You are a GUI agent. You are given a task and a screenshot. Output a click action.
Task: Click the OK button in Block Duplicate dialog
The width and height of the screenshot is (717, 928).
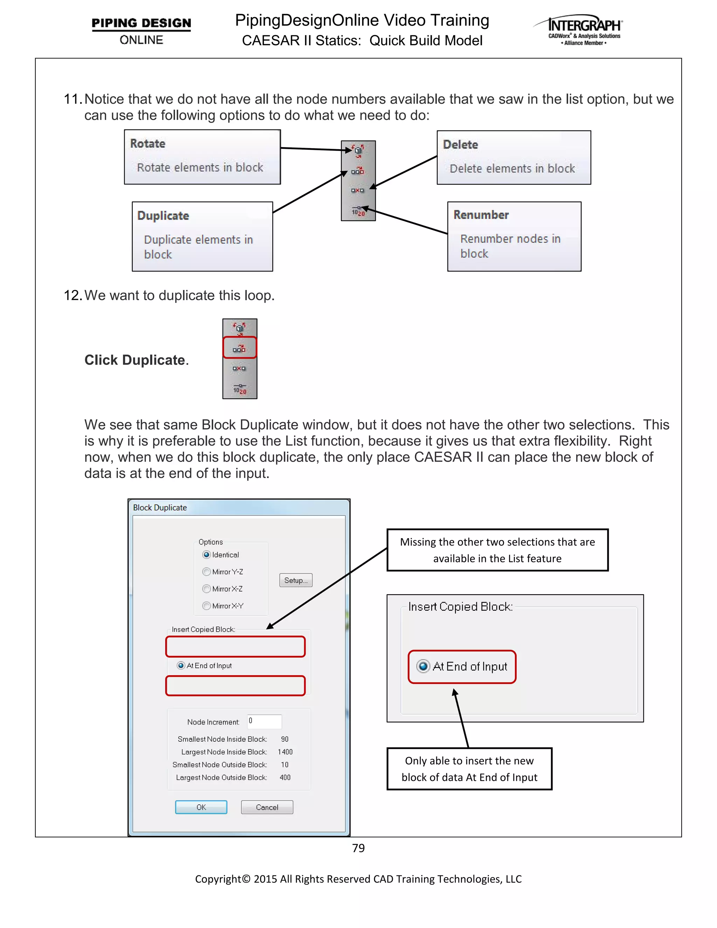point(201,807)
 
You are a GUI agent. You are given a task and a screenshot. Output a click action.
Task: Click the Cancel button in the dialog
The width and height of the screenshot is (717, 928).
point(267,807)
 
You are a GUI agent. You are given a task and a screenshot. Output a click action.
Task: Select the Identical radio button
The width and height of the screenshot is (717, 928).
point(207,554)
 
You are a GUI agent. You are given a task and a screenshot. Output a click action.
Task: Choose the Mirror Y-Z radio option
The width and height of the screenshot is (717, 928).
point(207,572)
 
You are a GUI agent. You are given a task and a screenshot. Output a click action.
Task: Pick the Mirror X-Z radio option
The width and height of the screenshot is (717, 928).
point(207,589)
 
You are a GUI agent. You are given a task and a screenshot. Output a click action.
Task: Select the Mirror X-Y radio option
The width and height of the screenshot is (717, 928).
point(207,605)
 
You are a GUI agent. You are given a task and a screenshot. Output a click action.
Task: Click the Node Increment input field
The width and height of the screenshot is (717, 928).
point(265,721)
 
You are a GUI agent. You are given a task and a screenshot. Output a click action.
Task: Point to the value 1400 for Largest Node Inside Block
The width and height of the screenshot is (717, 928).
point(285,752)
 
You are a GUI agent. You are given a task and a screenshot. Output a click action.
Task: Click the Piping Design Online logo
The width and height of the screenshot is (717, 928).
point(141,30)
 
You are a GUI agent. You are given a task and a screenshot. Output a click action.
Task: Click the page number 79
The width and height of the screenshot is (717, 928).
point(358,848)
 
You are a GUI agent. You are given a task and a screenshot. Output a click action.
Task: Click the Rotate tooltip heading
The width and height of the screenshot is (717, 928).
point(148,144)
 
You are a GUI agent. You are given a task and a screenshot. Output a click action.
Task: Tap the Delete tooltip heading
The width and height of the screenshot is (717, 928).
point(460,145)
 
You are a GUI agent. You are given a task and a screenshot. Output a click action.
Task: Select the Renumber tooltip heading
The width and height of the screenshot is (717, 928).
point(481,215)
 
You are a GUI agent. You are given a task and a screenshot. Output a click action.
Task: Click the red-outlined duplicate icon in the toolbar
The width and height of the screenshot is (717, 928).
point(239,348)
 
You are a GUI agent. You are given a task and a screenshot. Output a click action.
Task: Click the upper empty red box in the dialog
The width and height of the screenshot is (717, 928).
point(235,646)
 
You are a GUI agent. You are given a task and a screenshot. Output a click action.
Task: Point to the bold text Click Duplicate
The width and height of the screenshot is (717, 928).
point(136,360)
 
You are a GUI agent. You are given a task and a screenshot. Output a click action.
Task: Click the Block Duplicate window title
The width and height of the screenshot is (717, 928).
point(160,507)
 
